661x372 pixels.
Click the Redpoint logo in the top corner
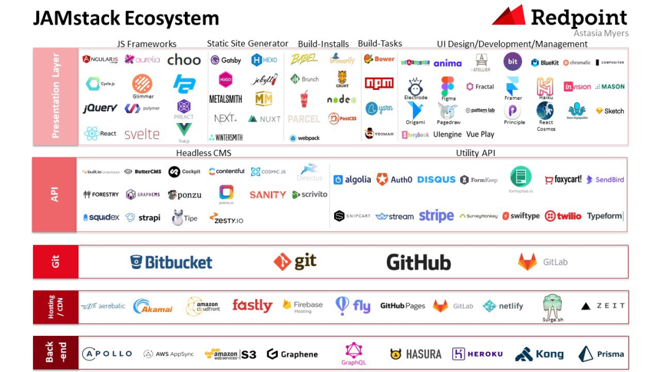559,17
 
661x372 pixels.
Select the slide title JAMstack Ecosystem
125,18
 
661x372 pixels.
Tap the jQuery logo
100,108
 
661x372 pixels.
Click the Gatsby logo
226,60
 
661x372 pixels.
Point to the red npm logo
379,83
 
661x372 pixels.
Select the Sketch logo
610,111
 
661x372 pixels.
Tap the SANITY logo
267,195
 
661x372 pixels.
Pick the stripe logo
436,216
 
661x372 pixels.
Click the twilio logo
563,216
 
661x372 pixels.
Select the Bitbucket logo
171,262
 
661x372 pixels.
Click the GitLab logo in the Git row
543,262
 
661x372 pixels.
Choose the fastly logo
252,305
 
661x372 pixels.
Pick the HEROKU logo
477,354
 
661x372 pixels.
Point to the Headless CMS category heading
204,153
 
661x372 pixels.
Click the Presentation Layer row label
56,95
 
